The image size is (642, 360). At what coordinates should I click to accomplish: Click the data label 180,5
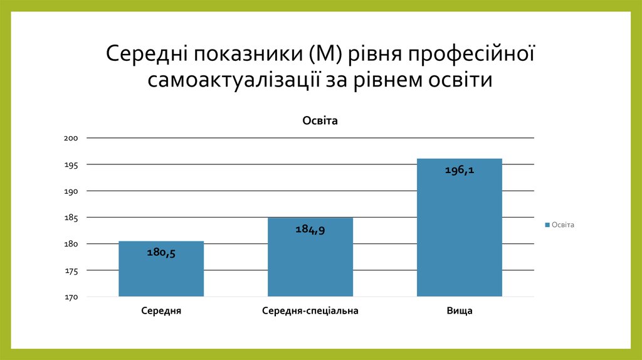pos(161,253)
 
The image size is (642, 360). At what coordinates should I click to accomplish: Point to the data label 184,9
pos(310,230)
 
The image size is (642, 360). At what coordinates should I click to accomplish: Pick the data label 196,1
pos(459,170)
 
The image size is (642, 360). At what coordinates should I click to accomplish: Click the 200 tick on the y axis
pos(70,138)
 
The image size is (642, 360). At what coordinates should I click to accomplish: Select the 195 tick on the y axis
pos(70,165)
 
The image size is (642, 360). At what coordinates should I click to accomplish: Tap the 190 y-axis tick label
pos(70,191)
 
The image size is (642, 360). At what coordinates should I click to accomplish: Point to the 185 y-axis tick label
pos(70,218)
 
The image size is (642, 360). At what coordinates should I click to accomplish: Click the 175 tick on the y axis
pos(70,271)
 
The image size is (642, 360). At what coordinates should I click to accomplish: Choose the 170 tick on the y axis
pos(70,297)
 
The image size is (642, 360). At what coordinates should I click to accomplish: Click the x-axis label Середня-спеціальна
pos(310,311)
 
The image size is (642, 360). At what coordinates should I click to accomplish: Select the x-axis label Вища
pos(459,311)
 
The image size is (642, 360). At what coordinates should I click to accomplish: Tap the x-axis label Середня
pos(161,311)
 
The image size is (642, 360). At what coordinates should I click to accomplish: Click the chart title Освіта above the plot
pos(320,121)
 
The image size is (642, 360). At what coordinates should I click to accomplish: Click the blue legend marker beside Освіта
pos(547,225)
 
